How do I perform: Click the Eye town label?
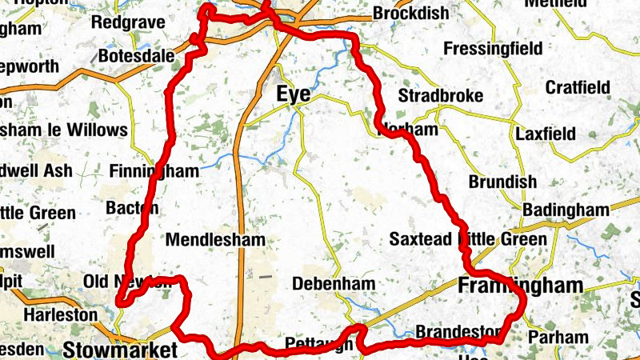(x=294, y=94)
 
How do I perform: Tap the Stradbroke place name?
(x=441, y=96)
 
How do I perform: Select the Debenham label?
(x=334, y=284)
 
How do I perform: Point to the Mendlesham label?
(x=215, y=239)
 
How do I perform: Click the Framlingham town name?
(x=520, y=286)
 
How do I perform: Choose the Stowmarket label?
(x=120, y=350)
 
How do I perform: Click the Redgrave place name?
(x=128, y=22)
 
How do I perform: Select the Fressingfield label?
(x=492, y=48)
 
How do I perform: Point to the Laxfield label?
(x=546, y=134)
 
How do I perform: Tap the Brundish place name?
(x=502, y=182)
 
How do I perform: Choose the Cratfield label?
(x=578, y=87)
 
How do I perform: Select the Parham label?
(x=558, y=337)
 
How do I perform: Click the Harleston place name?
(x=60, y=314)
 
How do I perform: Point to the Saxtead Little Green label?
(x=468, y=239)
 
